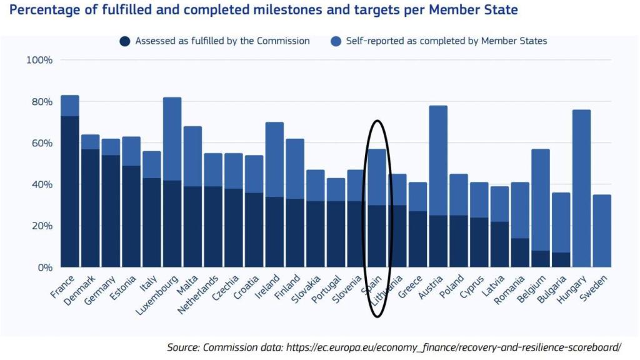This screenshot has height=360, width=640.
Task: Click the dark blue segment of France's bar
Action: pyautogui.click(x=70, y=191)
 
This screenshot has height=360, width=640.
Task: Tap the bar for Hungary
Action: pyautogui.click(x=581, y=188)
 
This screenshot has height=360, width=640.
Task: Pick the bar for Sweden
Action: pyautogui.click(x=601, y=231)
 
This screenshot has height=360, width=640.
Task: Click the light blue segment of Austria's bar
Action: pyautogui.click(x=438, y=160)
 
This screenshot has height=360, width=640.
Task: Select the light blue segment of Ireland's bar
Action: pyautogui.click(x=274, y=159)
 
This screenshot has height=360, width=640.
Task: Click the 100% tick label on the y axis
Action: pyautogui.click(x=39, y=60)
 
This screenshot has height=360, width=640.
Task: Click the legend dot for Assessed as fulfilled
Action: pyautogui.click(x=124, y=41)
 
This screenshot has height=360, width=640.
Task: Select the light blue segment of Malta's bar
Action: pyautogui.click(x=192, y=156)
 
